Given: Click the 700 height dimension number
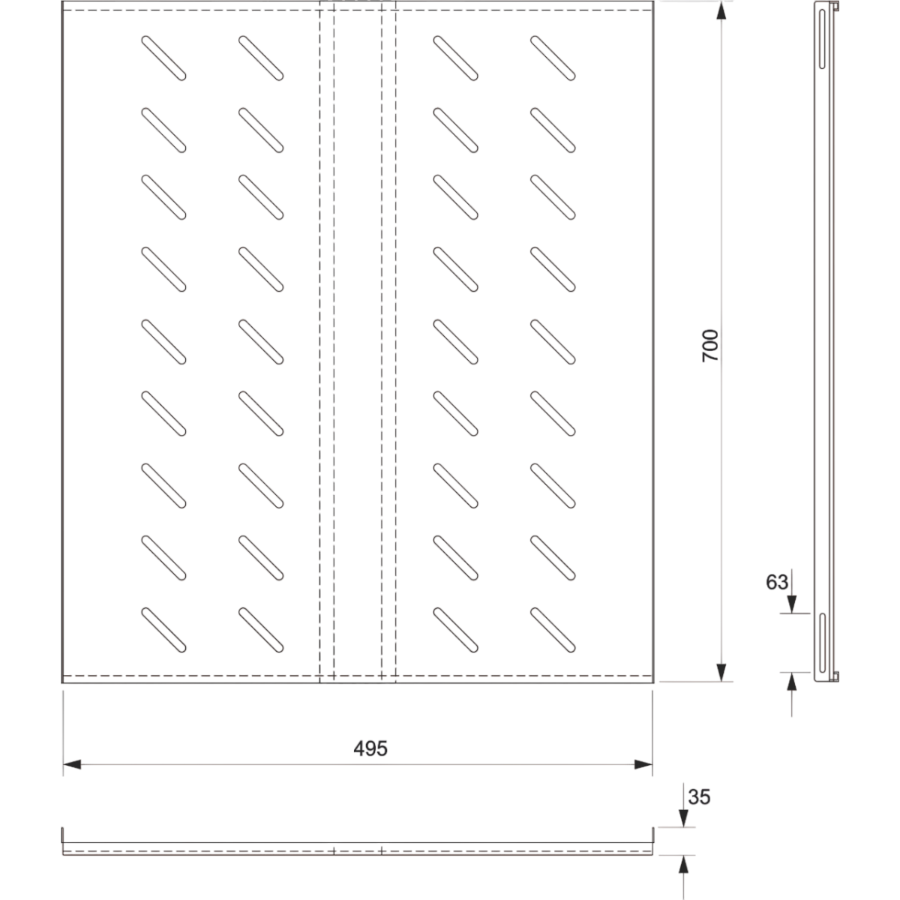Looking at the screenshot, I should click(x=710, y=346).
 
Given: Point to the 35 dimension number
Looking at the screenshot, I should click(x=697, y=796).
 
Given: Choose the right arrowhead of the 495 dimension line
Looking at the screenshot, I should click(x=643, y=764).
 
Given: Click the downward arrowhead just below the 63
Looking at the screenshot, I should click(x=791, y=604).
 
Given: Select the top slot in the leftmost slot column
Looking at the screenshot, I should click(x=163, y=58).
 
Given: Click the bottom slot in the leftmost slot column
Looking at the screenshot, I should click(x=163, y=628).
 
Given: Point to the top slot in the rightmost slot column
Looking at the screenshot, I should click(x=553, y=58).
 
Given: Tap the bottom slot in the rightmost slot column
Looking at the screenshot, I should click(x=553, y=628).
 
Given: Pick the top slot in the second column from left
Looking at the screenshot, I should click(x=261, y=58).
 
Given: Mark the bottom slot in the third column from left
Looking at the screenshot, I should click(x=455, y=628).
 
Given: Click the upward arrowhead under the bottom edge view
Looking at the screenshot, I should click(x=682, y=864).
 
